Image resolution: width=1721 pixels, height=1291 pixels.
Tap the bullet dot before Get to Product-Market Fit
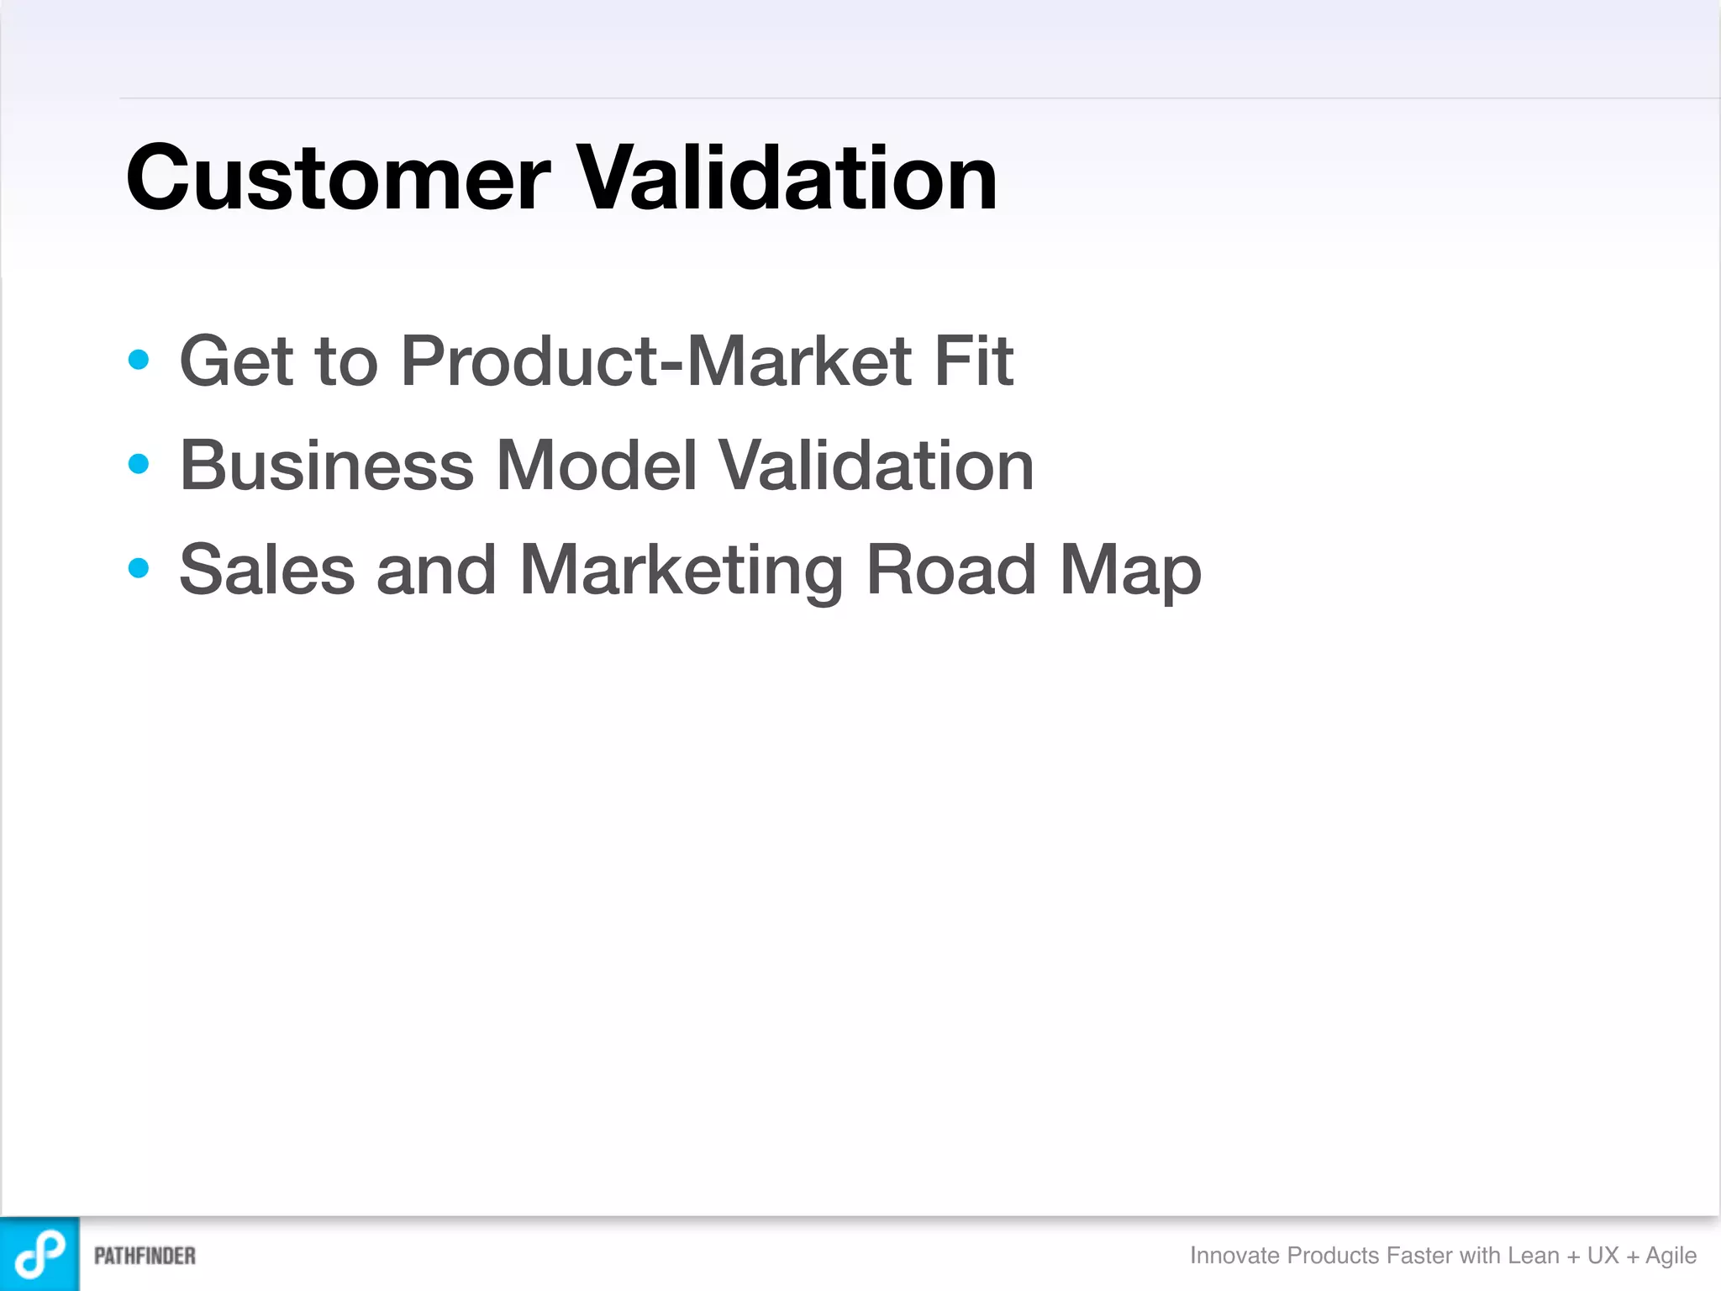pos(139,360)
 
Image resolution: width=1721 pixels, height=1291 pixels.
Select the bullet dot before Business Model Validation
pos(139,464)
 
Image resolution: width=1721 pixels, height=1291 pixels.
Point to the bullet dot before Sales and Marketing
pos(139,568)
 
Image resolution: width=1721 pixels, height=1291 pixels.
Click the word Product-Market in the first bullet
pos(655,361)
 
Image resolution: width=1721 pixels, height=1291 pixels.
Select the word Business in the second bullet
pos(327,466)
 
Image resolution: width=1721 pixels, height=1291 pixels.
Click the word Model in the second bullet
pos(597,466)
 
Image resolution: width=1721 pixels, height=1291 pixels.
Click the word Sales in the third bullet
pos(266,570)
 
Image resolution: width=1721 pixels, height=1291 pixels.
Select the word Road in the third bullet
pos(950,570)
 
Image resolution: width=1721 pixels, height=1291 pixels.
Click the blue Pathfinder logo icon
pos(39,1253)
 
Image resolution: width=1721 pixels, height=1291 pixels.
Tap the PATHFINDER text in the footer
pos(145,1256)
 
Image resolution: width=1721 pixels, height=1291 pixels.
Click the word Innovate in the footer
pos(1234,1255)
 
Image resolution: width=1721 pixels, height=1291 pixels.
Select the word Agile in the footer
pos(1671,1256)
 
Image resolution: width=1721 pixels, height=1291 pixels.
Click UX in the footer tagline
pos(1603,1255)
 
